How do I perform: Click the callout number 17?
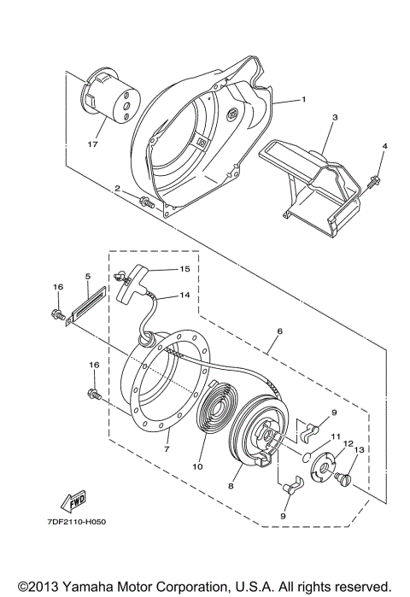[x=93, y=144]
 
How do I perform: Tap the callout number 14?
[x=184, y=296]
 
